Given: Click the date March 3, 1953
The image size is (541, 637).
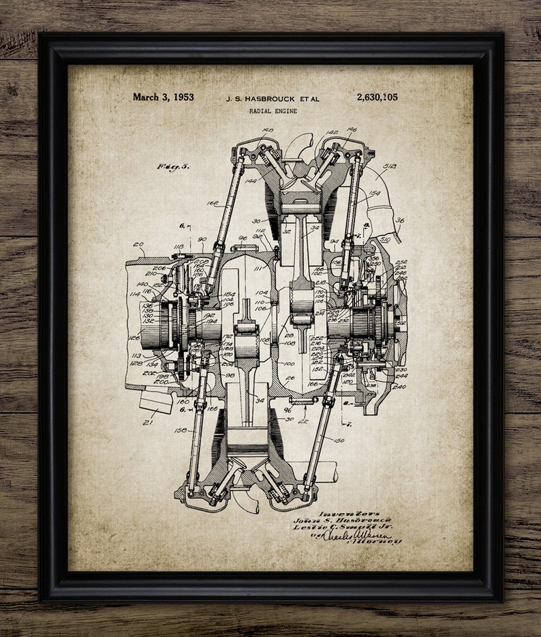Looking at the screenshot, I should point(163,97).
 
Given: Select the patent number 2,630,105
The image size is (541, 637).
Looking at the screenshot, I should point(376,97).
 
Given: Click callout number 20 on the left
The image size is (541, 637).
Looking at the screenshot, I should point(140,245).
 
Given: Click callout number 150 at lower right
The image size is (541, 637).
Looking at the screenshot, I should point(340,441).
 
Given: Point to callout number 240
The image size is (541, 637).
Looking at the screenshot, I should point(399,387).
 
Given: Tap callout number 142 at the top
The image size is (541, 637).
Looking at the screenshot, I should point(333,133).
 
